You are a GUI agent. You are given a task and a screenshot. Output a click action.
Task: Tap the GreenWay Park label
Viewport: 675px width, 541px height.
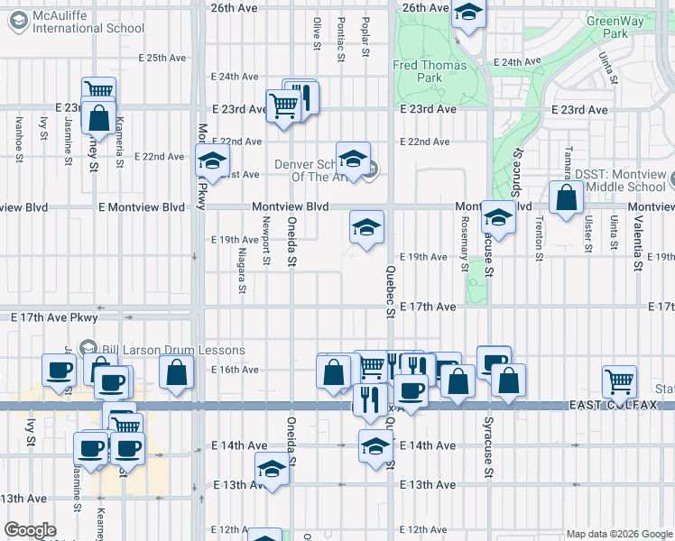tap(606, 27)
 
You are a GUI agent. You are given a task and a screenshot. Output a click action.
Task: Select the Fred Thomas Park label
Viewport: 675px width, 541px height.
tap(430, 71)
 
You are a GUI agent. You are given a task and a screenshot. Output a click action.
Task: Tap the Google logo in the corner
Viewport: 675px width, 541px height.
tap(30, 530)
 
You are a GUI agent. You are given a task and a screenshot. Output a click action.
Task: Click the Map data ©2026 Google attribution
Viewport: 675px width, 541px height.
tap(618, 534)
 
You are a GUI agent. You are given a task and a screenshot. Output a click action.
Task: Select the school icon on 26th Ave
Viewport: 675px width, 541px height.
tap(467, 14)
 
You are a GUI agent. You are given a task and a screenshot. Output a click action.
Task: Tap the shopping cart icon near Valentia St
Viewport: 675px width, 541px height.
tap(619, 381)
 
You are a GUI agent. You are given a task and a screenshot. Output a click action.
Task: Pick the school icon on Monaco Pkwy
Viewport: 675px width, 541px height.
tap(212, 162)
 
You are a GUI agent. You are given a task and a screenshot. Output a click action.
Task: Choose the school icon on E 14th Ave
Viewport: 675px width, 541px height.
tap(375, 445)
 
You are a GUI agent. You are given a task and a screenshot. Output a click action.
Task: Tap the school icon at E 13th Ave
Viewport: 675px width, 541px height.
tap(271, 471)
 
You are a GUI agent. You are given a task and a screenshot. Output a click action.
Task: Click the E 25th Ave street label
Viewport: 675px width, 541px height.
tap(162, 58)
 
